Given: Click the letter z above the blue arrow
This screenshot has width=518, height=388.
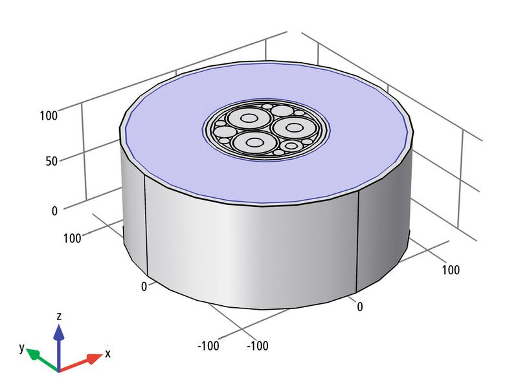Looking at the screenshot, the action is (59, 317).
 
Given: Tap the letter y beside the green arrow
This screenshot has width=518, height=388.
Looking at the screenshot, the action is (22, 347).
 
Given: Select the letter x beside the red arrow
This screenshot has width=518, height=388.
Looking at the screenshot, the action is (107, 354).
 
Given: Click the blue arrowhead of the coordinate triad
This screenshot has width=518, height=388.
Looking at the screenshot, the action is (59, 332).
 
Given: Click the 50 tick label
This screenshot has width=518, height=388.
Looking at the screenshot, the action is (51, 161).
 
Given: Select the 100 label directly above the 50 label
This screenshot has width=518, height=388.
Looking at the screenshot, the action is (49, 116).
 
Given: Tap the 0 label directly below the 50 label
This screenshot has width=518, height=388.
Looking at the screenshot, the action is (54, 211).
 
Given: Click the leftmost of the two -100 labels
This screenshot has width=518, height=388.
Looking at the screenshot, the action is (208, 346).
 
